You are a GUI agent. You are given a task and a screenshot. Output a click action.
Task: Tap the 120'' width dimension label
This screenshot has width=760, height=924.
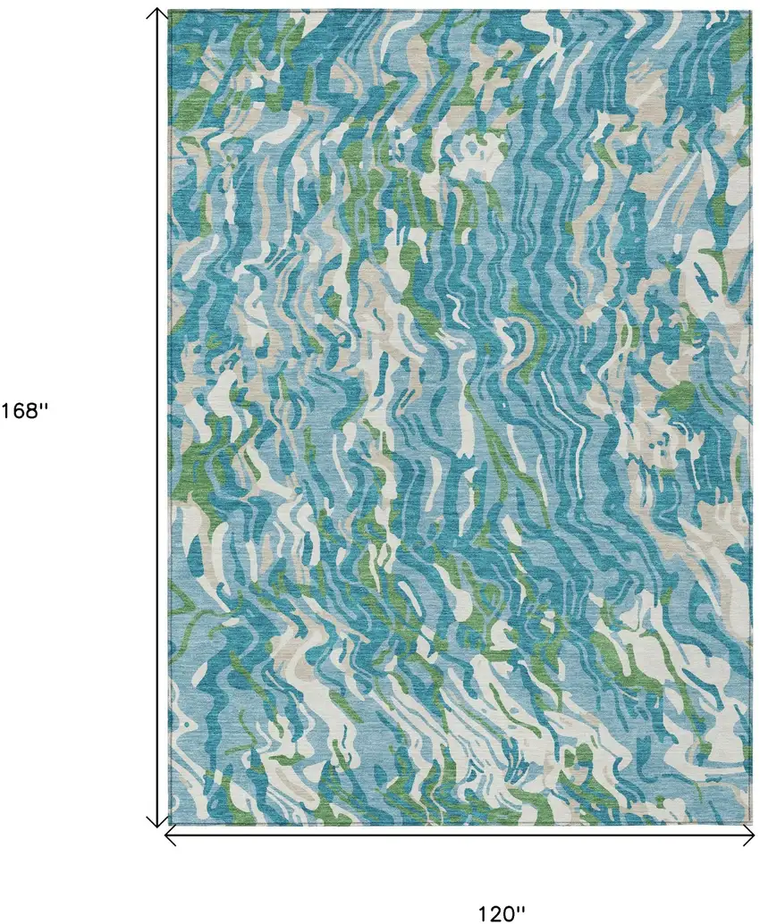click(501, 913)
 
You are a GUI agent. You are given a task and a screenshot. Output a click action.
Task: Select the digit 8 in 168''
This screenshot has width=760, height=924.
click(31, 411)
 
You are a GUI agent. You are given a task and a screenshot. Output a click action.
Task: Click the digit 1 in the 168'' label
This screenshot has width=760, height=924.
click(5, 411)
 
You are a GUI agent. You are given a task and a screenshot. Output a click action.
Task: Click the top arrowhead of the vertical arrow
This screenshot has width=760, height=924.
click(157, 13)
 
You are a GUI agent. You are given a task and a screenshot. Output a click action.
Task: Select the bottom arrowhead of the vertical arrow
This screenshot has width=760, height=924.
click(157, 822)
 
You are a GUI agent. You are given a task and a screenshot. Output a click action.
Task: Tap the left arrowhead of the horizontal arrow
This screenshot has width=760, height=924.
click(170, 836)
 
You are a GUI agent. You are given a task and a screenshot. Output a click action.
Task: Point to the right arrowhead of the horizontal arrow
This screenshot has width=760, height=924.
click(749, 836)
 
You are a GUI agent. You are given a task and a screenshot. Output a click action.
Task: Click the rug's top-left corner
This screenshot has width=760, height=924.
click(168, 11)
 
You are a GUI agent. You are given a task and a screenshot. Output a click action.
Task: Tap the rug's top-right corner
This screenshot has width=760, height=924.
click(751, 11)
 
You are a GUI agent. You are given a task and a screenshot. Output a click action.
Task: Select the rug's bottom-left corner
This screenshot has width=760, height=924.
click(168, 824)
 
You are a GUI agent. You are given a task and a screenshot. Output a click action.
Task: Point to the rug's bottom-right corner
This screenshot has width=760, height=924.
click(751, 824)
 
